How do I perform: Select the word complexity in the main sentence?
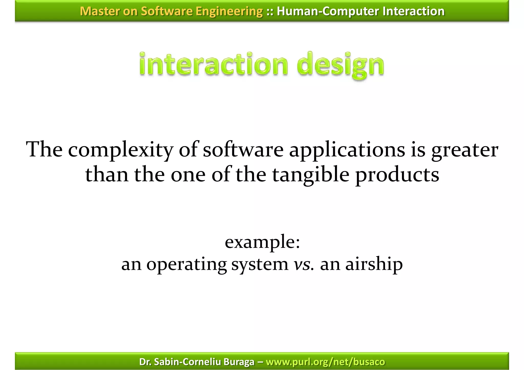tap(121, 150)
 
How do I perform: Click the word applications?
tap(347, 150)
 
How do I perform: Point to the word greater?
tap(465, 150)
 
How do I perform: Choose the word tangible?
tap(311, 175)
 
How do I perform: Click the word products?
tap(397, 175)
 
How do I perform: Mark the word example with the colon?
tap(262, 242)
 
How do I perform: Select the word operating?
tap(187, 264)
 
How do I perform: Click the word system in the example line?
tap(260, 264)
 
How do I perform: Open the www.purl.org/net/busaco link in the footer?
tap(325, 362)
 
